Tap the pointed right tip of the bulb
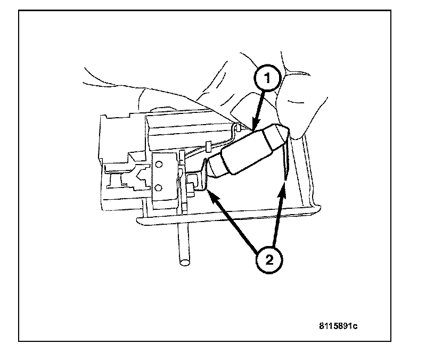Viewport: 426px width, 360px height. coord(288,130)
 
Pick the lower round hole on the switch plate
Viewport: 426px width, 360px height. coord(158,187)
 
